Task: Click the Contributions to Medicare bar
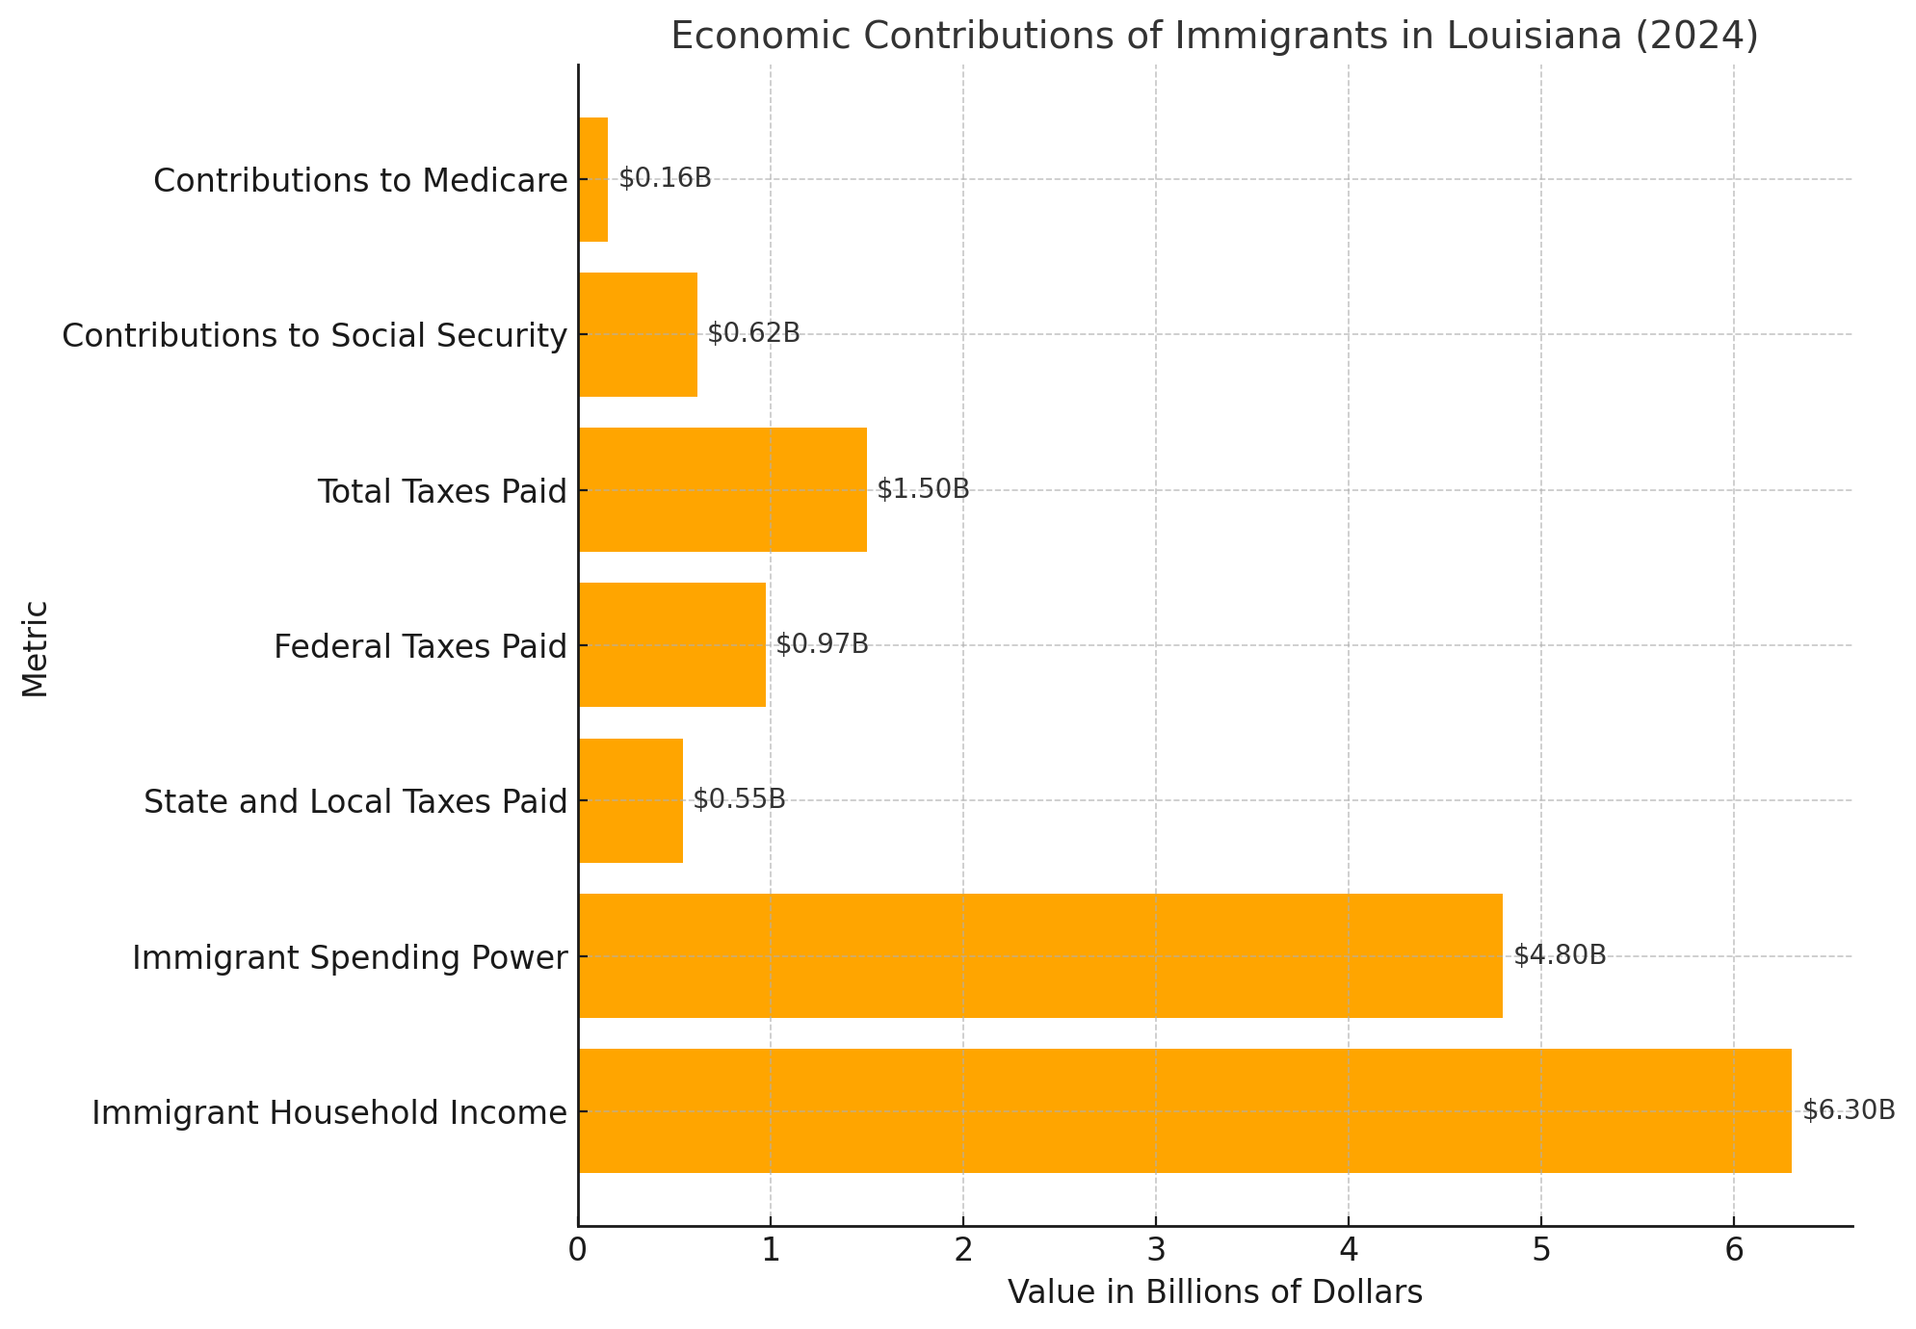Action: tap(593, 179)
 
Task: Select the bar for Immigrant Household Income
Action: tap(1184, 1110)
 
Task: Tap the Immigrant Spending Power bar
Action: tap(1039, 955)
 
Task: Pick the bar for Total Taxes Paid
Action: tap(722, 489)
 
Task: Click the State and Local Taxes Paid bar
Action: tap(631, 800)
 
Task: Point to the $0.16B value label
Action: tap(665, 178)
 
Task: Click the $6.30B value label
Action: tap(1849, 1110)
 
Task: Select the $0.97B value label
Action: tap(822, 644)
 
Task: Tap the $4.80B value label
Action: tap(1560, 955)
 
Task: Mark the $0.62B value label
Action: tap(753, 333)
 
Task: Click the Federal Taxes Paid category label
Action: tap(420, 646)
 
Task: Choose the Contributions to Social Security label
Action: tap(314, 335)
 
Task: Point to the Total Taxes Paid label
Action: tap(442, 491)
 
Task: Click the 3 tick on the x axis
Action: tap(1155, 1250)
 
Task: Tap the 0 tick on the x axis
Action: tap(578, 1250)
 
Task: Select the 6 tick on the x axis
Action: tap(1733, 1250)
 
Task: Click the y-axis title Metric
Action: tap(36, 648)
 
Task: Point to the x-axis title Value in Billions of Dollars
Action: tap(1215, 1292)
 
